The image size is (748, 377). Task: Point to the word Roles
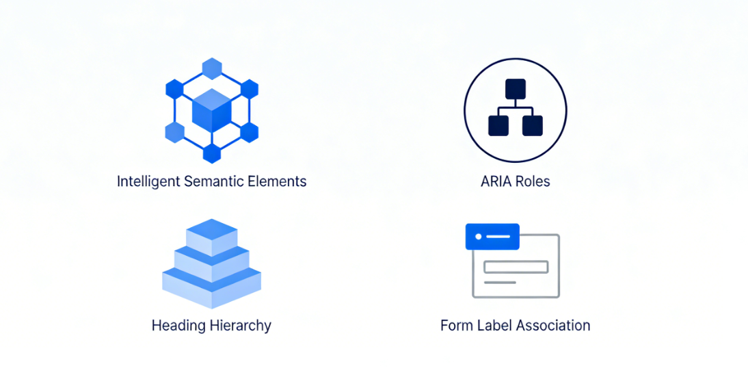[x=533, y=182]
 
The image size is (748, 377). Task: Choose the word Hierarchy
[x=240, y=326]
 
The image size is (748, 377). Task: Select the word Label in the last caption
[x=493, y=326]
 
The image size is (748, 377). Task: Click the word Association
[x=552, y=326]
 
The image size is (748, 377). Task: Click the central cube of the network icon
[x=212, y=110]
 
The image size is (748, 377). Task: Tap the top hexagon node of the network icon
[x=212, y=68]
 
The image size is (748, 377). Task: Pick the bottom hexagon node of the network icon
[x=212, y=153]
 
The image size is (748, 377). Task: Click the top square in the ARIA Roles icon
[x=515, y=89]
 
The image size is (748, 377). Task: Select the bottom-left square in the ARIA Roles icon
[x=498, y=126]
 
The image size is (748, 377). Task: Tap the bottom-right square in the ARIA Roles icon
[x=532, y=126]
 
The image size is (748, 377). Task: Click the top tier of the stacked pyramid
[x=212, y=231]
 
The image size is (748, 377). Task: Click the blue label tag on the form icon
[x=492, y=236]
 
